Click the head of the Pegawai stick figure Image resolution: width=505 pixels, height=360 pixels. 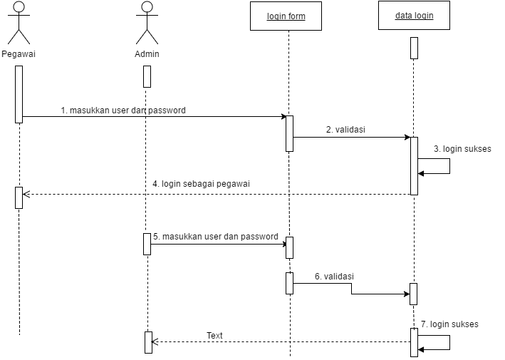click(x=19, y=6)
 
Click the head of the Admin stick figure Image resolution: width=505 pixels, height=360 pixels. click(x=147, y=6)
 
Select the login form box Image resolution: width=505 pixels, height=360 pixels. click(x=286, y=16)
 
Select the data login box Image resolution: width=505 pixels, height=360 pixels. click(x=414, y=16)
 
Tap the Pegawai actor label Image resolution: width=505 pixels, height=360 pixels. click(x=19, y=54)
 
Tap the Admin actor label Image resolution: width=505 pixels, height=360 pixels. click(x=147, y=54)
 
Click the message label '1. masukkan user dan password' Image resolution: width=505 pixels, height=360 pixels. click(x=123, y=110)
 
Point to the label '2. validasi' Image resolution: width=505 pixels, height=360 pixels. click(x=345, y=130)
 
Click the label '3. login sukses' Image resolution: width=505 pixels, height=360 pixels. click(x=462, y=149)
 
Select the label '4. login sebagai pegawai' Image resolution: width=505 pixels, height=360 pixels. click(x=202, y=184)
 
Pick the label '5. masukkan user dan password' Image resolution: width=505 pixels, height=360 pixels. click(x=216, y=237)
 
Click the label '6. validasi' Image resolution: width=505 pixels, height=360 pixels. click(x=334, y=277)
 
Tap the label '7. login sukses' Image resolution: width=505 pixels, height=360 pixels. click(x=449, y=324)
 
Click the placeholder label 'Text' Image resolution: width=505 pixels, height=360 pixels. click(x=214, y=336)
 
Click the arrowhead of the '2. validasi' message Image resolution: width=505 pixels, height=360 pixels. click(x=407, y=138)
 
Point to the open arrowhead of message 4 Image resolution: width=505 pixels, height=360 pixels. click(x=26, y=195)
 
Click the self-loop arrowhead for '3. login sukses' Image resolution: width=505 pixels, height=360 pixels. click(x=421, y=174)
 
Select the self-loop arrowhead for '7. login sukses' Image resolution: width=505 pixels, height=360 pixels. click(x=421, y=349)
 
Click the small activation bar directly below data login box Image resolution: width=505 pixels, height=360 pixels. click(x=414, y=48)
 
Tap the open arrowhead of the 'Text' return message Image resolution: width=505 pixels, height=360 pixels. click(x=155, y=341)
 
